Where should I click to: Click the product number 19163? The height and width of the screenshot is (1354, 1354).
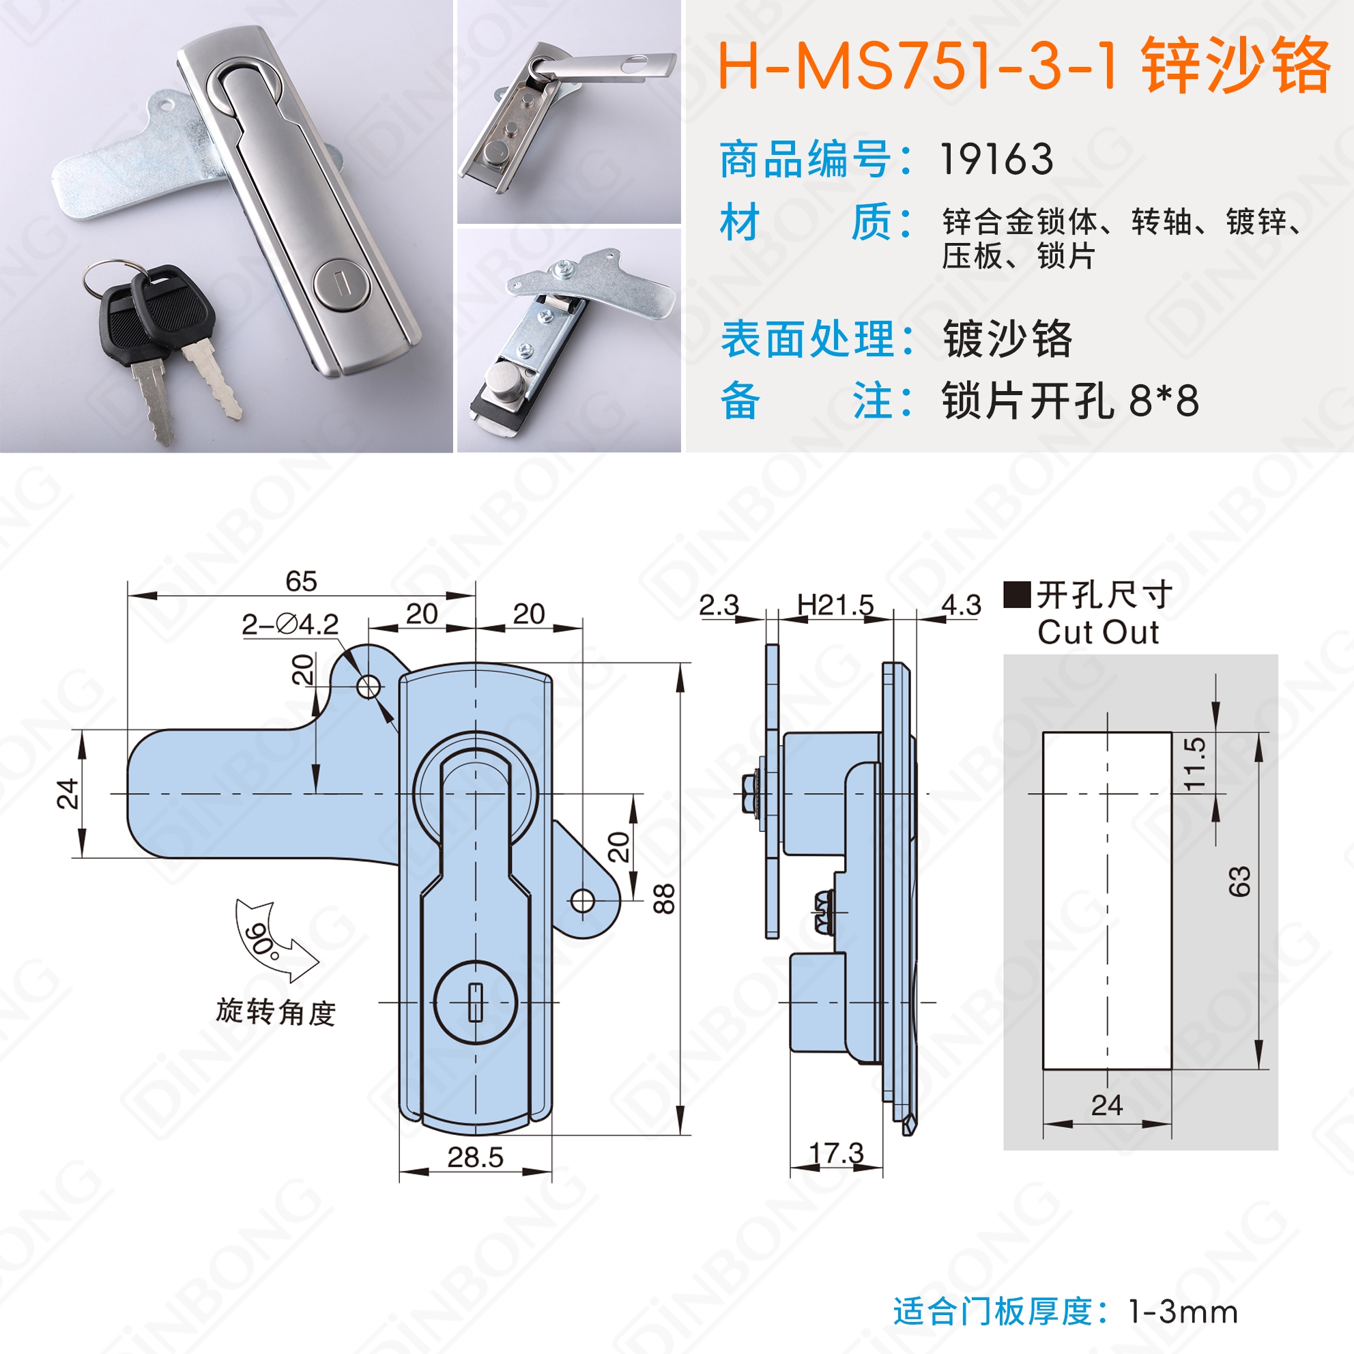point(996,159)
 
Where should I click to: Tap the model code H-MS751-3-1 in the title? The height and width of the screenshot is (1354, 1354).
point(917,67)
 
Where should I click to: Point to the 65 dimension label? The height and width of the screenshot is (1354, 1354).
point(302,581)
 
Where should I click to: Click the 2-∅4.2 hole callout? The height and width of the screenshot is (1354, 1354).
point(290,624)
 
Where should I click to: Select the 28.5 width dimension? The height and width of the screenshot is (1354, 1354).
point(475,1157)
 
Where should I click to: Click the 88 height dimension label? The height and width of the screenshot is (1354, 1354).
point(663,899)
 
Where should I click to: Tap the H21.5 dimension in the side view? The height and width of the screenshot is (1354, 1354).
point(835,604)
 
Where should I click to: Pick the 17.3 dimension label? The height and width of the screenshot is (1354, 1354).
point(837,1153)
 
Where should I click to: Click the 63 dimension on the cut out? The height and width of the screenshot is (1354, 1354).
point(1239,881)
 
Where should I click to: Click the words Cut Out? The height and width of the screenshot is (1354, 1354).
point(1098,632)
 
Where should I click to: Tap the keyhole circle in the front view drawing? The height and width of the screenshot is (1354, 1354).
point(476,1002)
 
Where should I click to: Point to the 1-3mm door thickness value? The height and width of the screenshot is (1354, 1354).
point(1183,1312)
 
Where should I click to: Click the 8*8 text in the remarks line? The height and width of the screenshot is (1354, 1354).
point(1164,401)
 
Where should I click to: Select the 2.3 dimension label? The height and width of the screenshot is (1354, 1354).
point(719,605)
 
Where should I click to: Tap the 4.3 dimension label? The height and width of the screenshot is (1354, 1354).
point(962,605)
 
